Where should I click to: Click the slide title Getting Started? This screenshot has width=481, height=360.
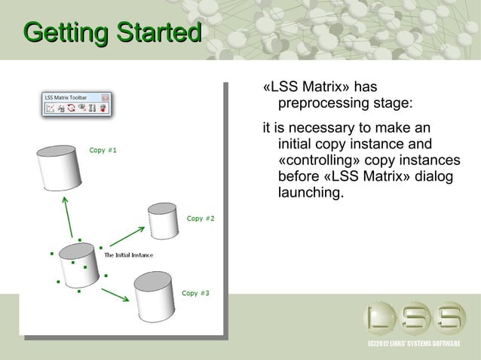(x=112, y=33)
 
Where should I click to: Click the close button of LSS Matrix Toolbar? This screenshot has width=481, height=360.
(x=106, y=97)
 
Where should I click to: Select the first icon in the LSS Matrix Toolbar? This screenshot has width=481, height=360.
(x=51, y=108)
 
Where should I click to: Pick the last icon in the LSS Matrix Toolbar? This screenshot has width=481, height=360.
(x=102, y=108)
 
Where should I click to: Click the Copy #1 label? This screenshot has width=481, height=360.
(x=103, y=149)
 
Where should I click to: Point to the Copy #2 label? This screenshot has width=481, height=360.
(x=201, y=218)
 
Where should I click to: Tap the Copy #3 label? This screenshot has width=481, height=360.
(x=195, y=292)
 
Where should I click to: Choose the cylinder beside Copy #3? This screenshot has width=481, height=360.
(x=155, y=296)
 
